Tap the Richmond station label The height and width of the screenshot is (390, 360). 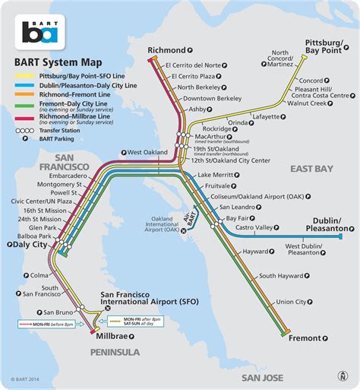click(167, 50)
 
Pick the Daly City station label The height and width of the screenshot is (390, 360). click(29, 245)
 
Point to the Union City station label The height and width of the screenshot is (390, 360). click(291, 302)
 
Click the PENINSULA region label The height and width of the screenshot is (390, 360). click(115, 353)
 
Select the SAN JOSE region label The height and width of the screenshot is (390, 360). click(262, 378)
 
